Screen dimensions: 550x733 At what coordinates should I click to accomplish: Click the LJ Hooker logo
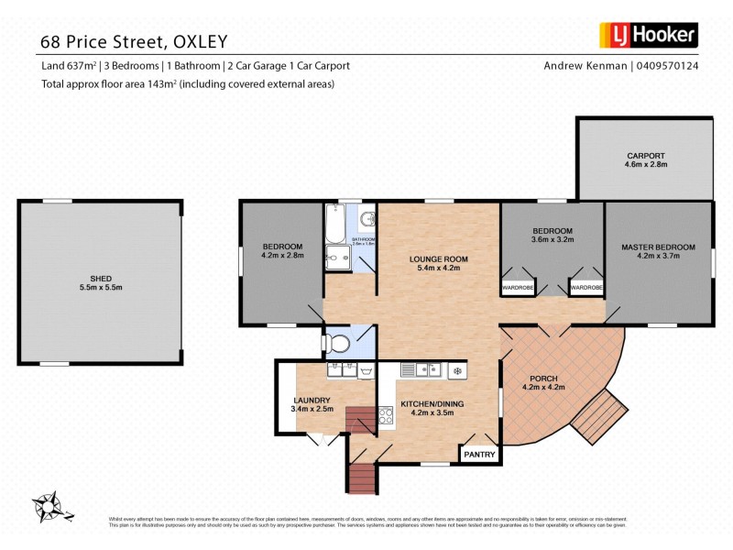click(x=648, y=36)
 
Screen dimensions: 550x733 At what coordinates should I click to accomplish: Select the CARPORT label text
click(x=646, y=156)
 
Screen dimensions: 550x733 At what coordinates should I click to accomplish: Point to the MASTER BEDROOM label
click(x=658, y=247)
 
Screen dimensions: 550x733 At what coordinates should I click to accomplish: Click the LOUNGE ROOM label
click(x=438, y=259)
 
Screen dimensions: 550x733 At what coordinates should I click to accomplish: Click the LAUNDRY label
click(x=311, y=400)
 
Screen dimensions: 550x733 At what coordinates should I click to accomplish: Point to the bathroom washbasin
click(x=366, y=219)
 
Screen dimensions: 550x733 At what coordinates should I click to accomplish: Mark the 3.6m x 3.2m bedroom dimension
click(x=551, y=240)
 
